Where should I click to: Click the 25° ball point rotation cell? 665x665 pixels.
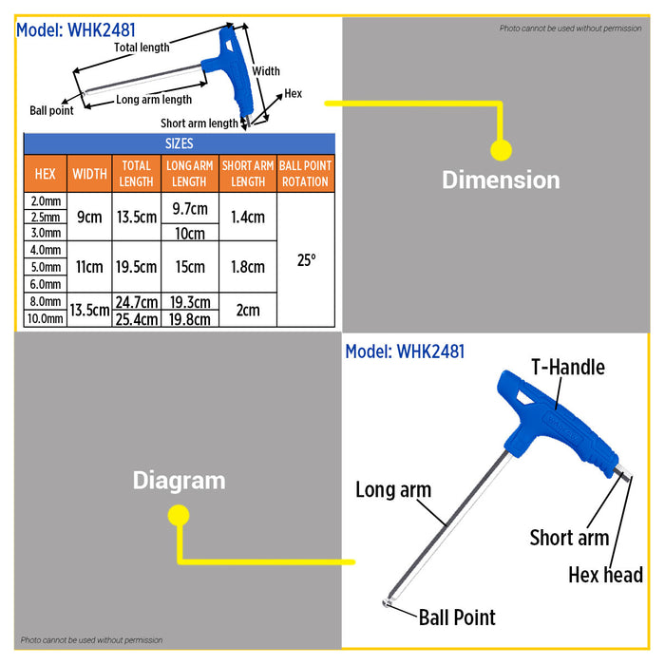click(306, 259)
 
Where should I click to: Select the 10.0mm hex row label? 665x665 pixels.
click(46, 318)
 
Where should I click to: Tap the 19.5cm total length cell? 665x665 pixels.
click(137, 267)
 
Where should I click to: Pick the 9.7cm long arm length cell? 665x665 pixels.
click(190, 208)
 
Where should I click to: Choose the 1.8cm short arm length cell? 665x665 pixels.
click(248, 267)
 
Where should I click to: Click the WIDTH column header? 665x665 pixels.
click(89, 174)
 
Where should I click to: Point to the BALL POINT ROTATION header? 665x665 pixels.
click(305, 174)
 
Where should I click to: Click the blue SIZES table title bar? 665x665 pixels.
click(180, 143)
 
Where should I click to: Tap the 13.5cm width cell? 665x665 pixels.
click(89, 310)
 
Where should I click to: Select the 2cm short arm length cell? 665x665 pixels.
click(248, 310)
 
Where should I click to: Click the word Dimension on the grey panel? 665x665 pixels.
click(501, 180)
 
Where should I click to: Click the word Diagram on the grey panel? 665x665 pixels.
click(179, 482)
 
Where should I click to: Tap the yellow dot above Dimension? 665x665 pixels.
click(501, 150)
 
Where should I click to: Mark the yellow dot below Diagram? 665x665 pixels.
click(179, 515)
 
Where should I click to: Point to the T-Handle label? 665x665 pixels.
click(568, 368)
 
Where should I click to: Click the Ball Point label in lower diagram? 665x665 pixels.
click(457, 617)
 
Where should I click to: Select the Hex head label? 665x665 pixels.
click(606, 575)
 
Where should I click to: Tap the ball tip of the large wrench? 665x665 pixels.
click(386, 602)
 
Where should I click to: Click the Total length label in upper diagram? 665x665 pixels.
click(142, 47)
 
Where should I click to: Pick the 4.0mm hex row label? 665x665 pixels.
click(46, 250)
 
